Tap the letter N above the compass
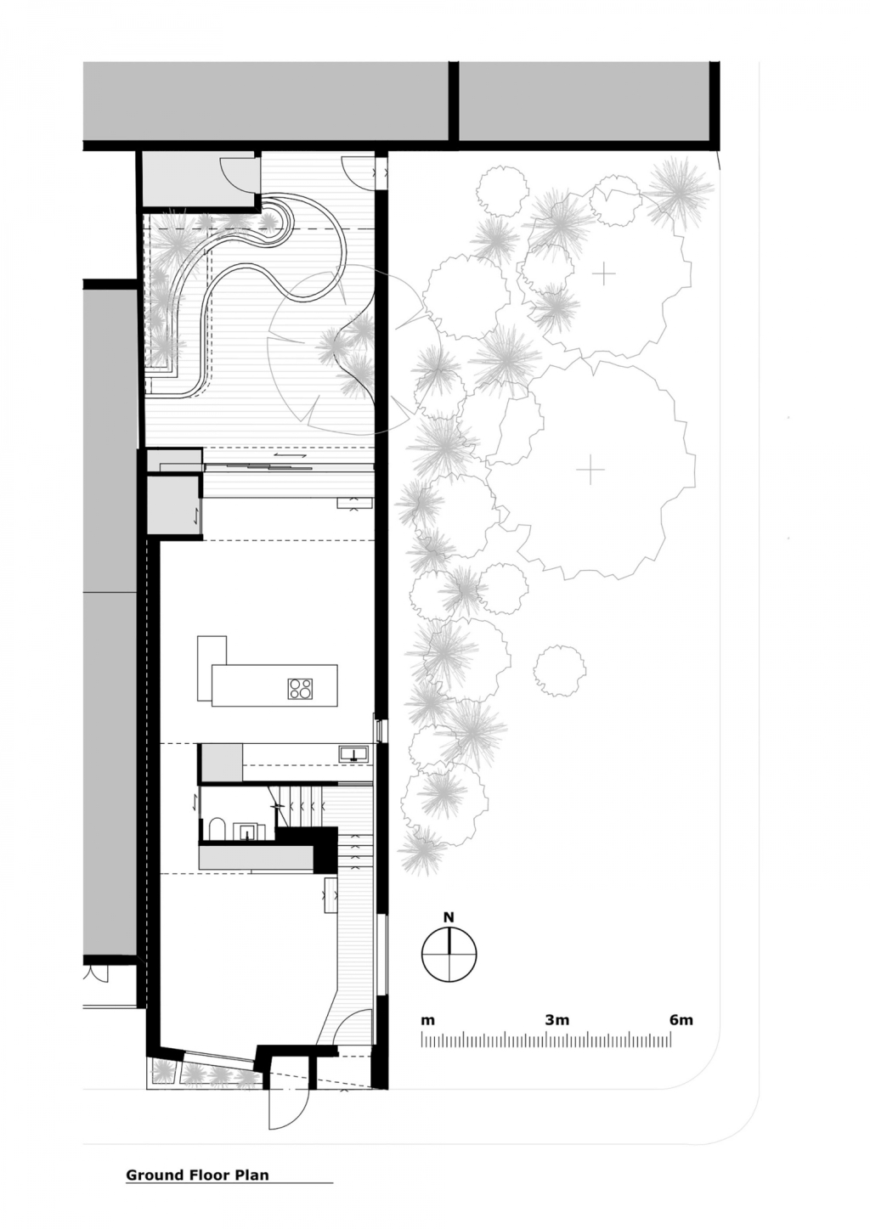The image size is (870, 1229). coord(449,916)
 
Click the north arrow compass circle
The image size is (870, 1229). coord(449,955)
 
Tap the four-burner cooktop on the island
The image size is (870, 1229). coord(300,689)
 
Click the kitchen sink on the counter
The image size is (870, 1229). coord(353,753)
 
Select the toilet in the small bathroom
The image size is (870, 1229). coord(217,830)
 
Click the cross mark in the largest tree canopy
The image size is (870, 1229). coord(590,469)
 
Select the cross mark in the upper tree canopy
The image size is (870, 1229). coord(604,273)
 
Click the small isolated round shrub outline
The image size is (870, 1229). coord(559,670)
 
